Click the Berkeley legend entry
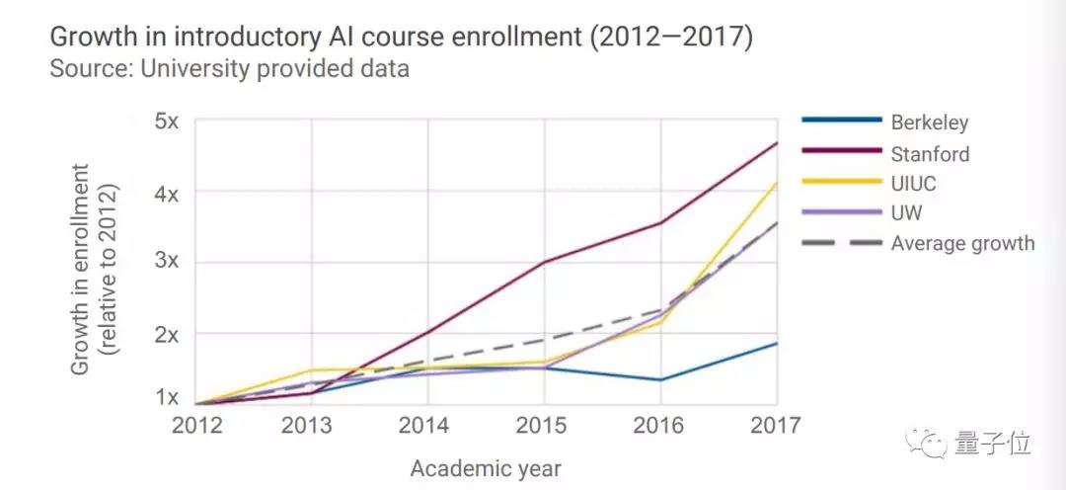(x=929, y=123)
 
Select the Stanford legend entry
(x=929, y=154)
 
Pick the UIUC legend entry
(x=914, y=184)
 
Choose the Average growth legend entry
(x=962, y=243)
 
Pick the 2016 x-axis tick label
(x=660, y=426)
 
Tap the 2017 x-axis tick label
(x=776, y=426)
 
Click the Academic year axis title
(x=486, y=467)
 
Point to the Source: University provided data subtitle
(x=229, y=69)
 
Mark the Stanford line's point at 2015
(x=544, y=262)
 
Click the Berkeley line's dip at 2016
(x=660, y=379)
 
